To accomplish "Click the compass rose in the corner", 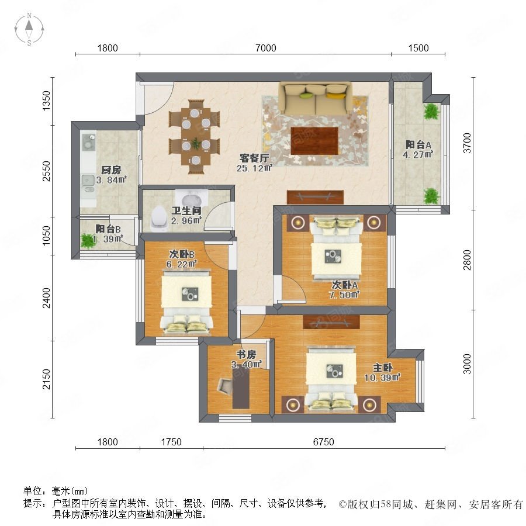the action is [29, 29].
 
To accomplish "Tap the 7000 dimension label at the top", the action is [266, 48].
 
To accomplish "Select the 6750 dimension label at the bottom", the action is [323, 442].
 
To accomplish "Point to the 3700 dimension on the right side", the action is [467, 143].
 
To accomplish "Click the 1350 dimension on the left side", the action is [47, 101].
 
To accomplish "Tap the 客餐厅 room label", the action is [254, 158].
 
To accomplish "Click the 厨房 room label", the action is [111, 170].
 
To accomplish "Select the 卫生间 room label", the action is [186, 211].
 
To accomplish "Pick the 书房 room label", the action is [246, 354].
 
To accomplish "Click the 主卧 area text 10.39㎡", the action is [382, 378].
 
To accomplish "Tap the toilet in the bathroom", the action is [158, 218].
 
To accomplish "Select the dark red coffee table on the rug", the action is [314, 141].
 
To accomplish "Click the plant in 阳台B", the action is [88, 241].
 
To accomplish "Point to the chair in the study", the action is [225, 386].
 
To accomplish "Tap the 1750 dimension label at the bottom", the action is [171, 442].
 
